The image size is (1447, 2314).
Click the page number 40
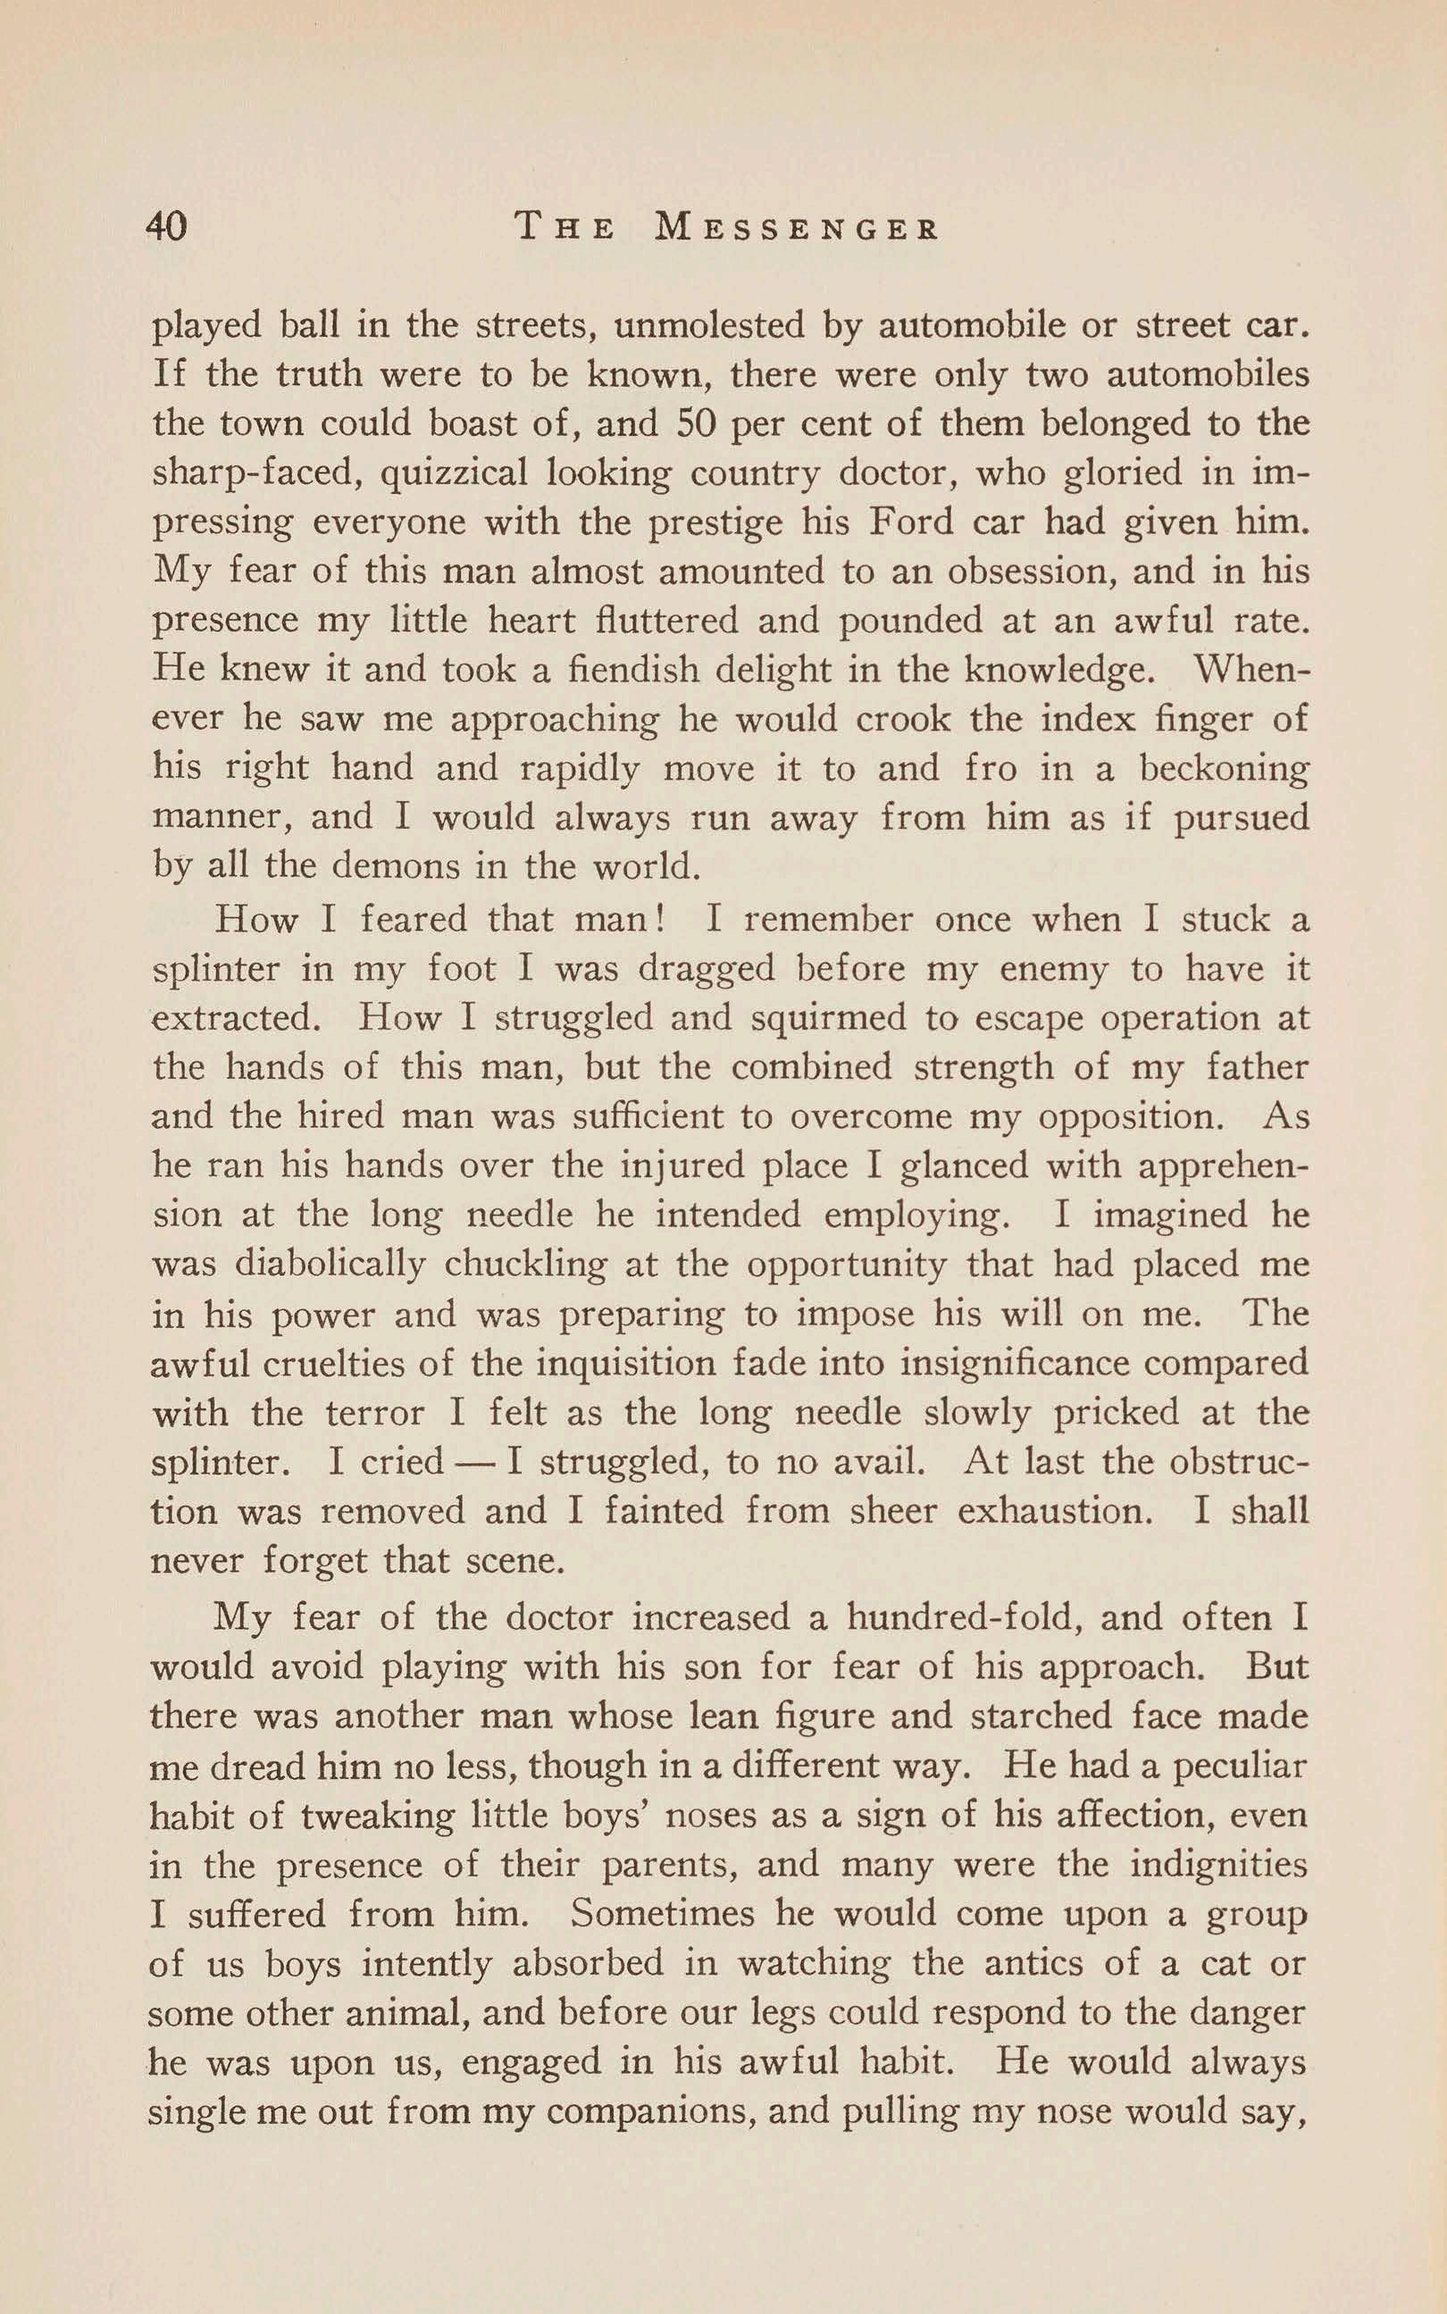(166, 228)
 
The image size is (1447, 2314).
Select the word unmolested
(709, 326)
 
